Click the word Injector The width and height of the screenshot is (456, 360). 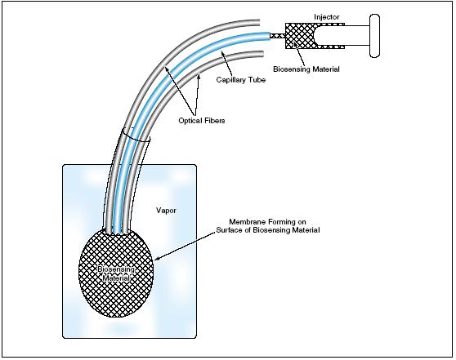[326, 17]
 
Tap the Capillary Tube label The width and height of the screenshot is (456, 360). [241, 80]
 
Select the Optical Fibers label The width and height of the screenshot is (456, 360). [202, 120]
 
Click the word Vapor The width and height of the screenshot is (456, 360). [166, 210]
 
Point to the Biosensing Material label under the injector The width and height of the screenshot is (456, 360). [306, 69]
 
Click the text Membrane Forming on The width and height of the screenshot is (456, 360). [267, 222]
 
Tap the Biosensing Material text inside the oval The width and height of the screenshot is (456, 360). [116, 273]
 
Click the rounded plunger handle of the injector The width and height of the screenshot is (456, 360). [374, 35]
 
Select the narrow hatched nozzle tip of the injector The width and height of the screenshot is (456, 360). [277, 36]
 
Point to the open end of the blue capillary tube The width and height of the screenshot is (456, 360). [269, 36]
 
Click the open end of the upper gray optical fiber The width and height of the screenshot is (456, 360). [258, 23]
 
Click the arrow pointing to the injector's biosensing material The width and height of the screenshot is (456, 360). [299, 53]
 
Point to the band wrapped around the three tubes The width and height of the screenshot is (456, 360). [136, 136]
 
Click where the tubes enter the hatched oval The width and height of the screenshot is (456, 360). [116, 232]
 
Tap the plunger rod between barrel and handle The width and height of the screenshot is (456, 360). [357, 35]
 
